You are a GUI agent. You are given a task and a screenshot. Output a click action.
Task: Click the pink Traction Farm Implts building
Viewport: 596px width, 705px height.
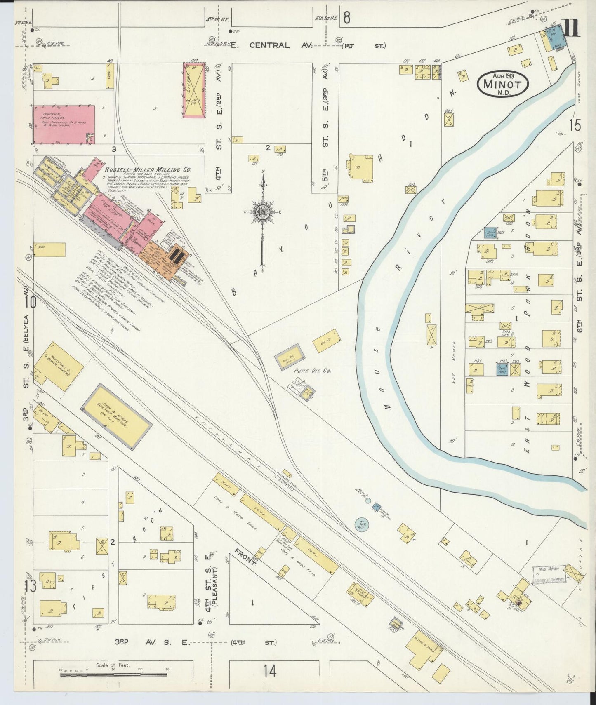coord(64,124)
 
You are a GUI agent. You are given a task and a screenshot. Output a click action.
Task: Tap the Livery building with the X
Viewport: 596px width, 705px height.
coord(194,89)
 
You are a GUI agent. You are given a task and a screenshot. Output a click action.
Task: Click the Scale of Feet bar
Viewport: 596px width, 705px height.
coord(113,675)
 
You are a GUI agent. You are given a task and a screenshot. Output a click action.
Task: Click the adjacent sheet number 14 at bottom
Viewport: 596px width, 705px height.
coord(270,671)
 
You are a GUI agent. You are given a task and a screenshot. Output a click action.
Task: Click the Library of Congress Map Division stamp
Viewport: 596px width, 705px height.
coord(548,575)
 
